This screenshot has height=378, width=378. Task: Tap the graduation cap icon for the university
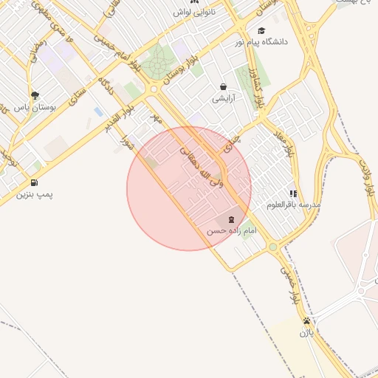pyautogui.click(x=261, y=30)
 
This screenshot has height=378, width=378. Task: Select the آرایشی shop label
pyautogui.click(x=223, y=98)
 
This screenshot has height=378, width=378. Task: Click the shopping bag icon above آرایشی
pyautogui.click(x=223, y=86)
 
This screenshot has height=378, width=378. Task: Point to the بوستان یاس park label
pyautogui.click(x=35, y=107)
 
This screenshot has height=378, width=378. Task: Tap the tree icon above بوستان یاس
pyautogui.click(x=35, y=95)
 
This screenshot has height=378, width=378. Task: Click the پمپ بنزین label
pyautogui.click(x=35, y=195)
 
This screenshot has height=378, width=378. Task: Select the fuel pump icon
pyautogui.click(x=34, y=183)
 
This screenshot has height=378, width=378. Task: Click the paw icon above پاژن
pyautogui.click(x=306, y=321)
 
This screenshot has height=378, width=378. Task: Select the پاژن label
pyautogui.click(x=306, y=333)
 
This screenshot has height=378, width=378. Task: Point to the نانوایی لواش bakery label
pyautogui.click(x=193, y=13)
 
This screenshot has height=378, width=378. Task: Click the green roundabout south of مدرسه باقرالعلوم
pyautogui.click(x=272, y=247)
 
